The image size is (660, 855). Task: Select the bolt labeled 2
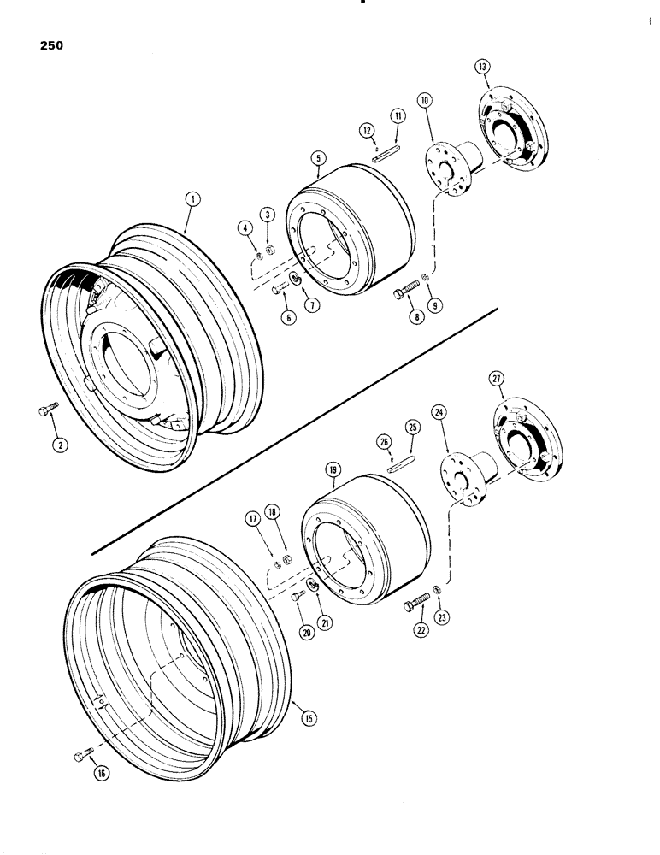point(49,412)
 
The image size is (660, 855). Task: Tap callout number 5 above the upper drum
point(317,157)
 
